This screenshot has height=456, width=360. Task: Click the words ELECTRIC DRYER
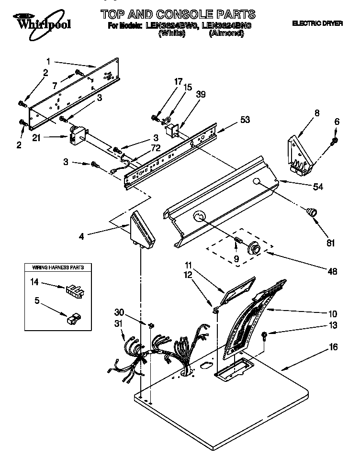point(317,23)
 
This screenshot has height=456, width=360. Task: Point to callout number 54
point(317,187)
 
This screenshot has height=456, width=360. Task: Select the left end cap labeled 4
point(142,231)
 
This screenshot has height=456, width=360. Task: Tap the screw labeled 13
point(265,335)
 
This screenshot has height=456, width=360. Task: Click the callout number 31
point(119,325)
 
